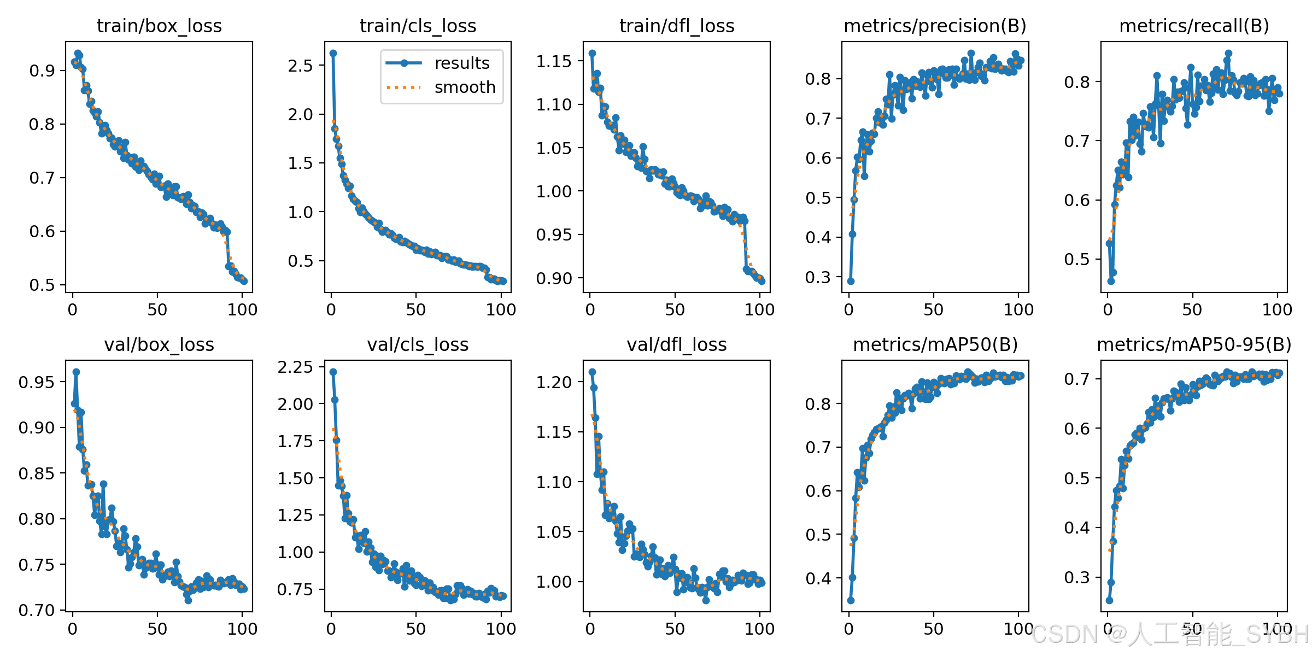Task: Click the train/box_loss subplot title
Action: click(x=159, y=26)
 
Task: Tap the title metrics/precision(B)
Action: click(x=935, y=26)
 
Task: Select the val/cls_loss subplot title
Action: click(x=418, y=345)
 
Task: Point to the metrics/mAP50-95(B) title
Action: click(x=1194, y=345)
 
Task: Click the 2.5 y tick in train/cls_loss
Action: click(x=301, y=66)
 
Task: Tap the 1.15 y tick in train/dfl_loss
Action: click(x=554, y=61)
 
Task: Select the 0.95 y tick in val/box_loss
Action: click(x=37, y=382)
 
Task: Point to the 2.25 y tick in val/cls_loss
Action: click(x=295, y=367)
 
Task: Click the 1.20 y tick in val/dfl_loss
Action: click(x=554, y=382)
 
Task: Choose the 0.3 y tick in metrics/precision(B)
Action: click(x=818, y=277)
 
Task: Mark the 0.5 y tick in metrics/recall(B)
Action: click(x=1077, y=259)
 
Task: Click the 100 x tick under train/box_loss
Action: click(x=242, y=310)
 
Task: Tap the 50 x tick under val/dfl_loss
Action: click(x=675, y=629)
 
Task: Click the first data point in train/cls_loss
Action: click(x=333, y=53)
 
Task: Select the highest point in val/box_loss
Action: click(x=76, y=372)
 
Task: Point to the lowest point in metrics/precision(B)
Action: click(x=851, y=281)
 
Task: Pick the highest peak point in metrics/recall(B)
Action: click(x=1228, y=54)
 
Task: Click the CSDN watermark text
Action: click(x=1170, y=634)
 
